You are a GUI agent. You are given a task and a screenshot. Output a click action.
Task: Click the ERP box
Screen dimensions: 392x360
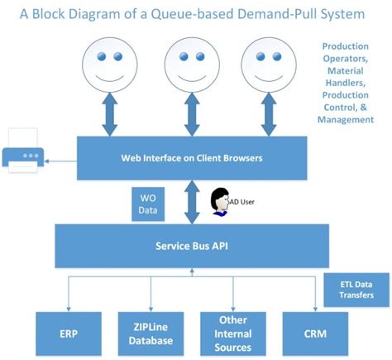tap(69, 334)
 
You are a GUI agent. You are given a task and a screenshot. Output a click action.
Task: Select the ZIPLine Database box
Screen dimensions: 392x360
tap(151, 334)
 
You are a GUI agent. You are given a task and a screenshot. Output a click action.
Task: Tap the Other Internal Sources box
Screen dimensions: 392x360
tap(233, 334)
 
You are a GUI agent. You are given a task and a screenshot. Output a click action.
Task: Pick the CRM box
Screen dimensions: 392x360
tap(315, 334)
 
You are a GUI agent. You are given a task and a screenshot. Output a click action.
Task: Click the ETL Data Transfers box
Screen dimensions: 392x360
tap(356, 290)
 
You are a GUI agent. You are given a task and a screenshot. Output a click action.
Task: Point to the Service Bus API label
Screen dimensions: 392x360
tap(192, 246)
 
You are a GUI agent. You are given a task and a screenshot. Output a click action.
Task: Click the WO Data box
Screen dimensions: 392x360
tap(148, 204)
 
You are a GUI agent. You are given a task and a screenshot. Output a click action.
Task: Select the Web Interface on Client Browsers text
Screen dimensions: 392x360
tap(192, 158)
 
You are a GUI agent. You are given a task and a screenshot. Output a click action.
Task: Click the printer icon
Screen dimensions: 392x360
tap(23, 151)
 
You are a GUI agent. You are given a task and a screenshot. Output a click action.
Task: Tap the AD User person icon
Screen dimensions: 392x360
tap(220, 202)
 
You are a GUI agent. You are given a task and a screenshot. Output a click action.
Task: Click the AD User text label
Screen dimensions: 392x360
tap(242, 202)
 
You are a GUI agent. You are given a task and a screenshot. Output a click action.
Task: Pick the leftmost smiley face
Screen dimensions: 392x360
tap(110, 65)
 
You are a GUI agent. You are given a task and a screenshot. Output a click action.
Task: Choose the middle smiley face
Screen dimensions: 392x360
tap(192, 65)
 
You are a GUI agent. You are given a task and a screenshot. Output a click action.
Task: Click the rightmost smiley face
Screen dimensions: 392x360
tap(269, 65)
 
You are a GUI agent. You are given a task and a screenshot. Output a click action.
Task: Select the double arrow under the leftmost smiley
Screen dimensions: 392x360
tap(110, 114)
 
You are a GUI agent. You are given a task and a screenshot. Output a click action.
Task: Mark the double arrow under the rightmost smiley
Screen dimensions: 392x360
tap(269, 114)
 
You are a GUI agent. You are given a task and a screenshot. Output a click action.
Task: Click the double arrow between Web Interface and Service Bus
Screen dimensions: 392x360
tap(192, 202)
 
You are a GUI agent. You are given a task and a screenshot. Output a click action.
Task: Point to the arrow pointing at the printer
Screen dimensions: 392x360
tap(60, 161)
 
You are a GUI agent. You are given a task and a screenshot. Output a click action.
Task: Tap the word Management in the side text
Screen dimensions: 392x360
tap(346, 120)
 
